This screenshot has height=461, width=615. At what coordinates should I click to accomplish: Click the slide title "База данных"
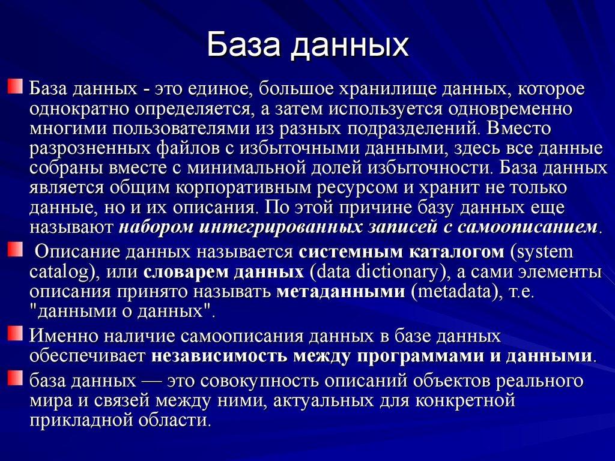coord(307,46)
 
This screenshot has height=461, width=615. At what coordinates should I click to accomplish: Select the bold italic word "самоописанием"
coord(528,227)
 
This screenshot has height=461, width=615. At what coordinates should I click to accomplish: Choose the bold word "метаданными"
coord(341,291)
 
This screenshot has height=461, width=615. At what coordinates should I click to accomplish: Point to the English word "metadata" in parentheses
coord(452,291)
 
